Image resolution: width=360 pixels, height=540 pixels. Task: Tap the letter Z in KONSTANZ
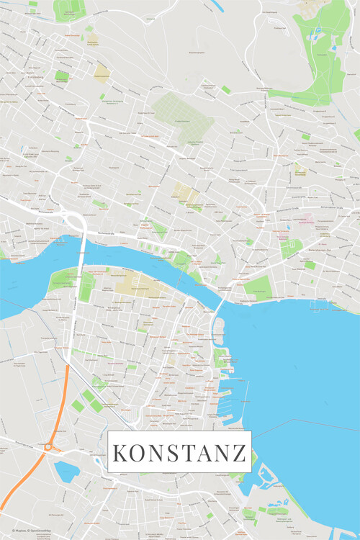[239, 454]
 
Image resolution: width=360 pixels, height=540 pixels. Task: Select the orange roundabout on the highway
[48, 447]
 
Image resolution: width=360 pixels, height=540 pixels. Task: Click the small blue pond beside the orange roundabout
[66, 471]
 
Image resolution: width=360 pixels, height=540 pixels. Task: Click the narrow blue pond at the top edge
[217, 6]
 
